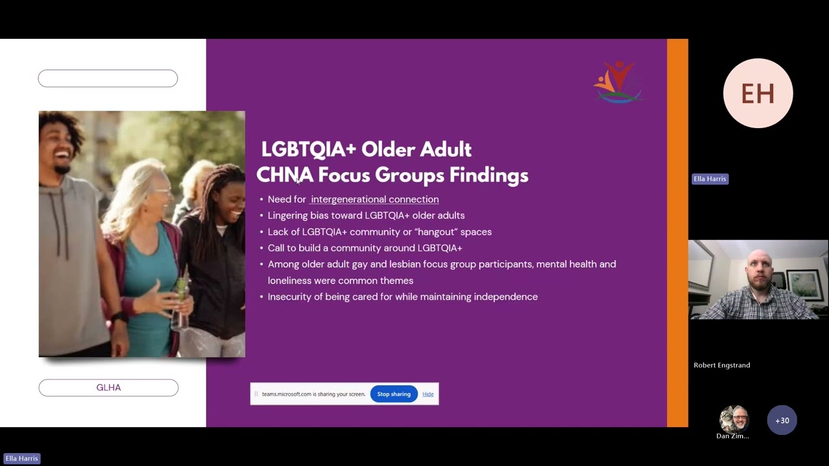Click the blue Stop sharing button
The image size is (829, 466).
pyautogui.click(x=394, y=394)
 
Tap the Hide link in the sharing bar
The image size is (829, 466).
pyautogui.click(x=428, y=394)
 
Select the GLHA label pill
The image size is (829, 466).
pyautogui.click(x=108, y=388)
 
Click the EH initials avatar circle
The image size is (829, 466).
pyautogui.click(x=758, y=93)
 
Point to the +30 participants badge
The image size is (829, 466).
pyautogui.click(x=782, y=421)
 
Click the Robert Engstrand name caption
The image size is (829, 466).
pyautogui.click(x=721, y=365)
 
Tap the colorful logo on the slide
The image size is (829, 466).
pyautogui.click(x=618, y=82)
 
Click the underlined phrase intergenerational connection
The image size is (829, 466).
pyautogui.click(x=374, y=199)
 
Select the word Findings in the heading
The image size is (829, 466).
pyautogui.click(x=489, y=175)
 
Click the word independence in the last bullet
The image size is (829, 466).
pyautogui.click(x=506, y=296)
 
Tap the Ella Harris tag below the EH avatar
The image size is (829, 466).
pyautogui.click(x=710, y=179)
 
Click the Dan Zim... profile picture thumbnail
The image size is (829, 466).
pyautogui.click(x=734, y=419)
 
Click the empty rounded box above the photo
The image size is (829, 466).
pyautogui.click(x=108, y=78)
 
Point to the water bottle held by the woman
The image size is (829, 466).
pyautogui.click(x=181, y=304)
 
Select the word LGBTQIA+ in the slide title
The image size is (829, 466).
pyautogui.click(x=309, y=149)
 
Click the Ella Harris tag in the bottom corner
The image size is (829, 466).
pyautogui.click(x=21, y=459)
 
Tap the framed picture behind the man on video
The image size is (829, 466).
pyautogui.click(x=804, y=284)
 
